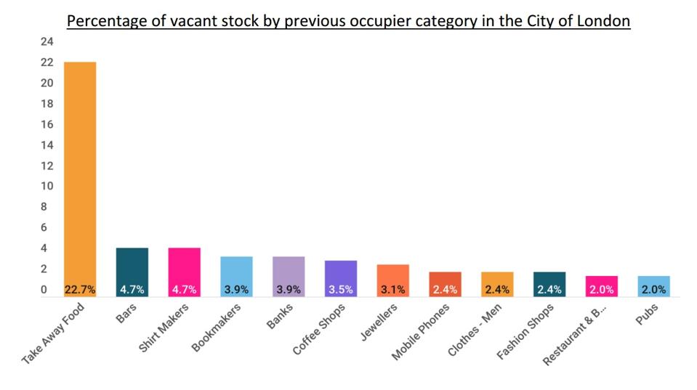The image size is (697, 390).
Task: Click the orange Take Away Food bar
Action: (80, 174)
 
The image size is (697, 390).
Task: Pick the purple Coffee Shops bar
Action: (341, 276)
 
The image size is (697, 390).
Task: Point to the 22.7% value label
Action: (80, 290)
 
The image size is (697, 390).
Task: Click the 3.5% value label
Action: (341, 290)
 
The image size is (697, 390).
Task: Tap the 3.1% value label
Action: (392, 290)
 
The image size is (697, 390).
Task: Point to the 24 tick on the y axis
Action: (47, 42)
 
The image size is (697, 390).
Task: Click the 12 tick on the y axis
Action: (47, 166)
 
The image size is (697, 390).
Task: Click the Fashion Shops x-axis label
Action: (526, 331)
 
